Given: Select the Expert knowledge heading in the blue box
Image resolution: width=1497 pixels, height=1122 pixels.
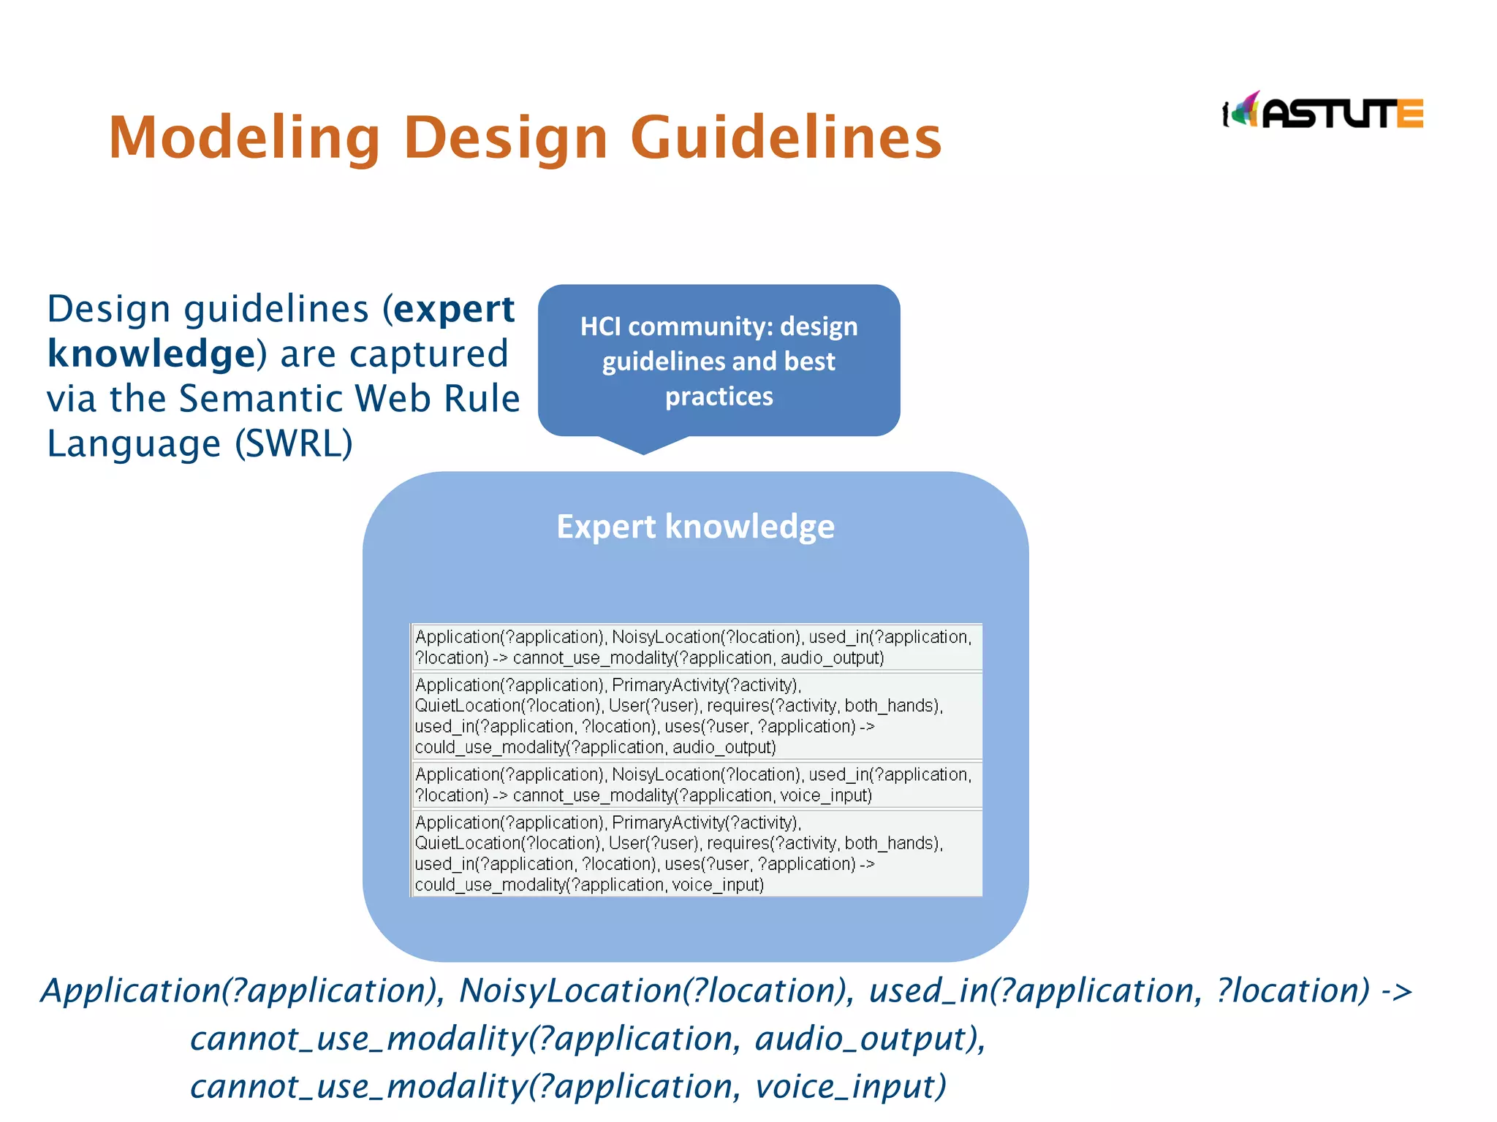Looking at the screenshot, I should click(x=695, y=527).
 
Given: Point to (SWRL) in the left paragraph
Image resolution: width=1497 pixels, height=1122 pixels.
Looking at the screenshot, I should click(x=294, y=443).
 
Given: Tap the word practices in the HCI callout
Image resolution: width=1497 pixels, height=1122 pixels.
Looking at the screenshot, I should click(x=719, y=397).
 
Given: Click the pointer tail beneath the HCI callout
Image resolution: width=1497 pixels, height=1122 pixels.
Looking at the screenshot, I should click(x=643, y=445).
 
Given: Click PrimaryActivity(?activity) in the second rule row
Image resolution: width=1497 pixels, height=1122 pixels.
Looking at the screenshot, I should click(x=705, y=685).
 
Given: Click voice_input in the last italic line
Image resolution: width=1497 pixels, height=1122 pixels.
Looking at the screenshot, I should click(x=850, y=1087).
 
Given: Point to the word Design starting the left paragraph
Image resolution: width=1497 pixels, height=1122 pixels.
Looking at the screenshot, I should click(x=109, y=309).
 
